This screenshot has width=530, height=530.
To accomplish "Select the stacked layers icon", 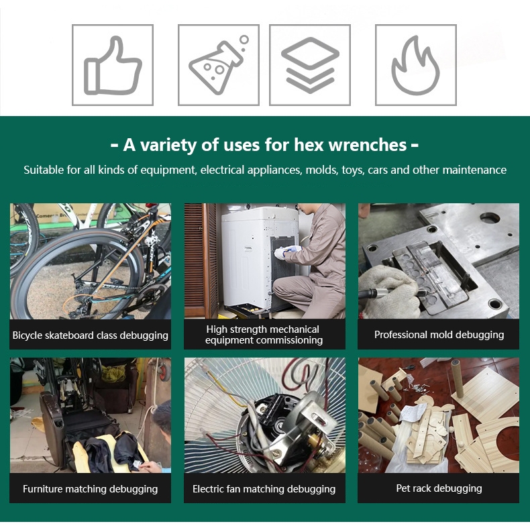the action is click(x=310, y=65).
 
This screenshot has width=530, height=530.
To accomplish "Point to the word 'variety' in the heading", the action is click(x=168, y=146).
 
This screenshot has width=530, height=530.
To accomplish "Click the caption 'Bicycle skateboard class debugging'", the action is click(x=91, y=335).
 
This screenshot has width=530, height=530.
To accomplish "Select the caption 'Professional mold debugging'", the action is click(x=439, y=335).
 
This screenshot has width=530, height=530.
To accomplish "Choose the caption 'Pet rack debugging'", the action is click(x=439, y=488).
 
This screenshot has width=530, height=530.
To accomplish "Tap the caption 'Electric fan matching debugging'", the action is click(x=264, y=489).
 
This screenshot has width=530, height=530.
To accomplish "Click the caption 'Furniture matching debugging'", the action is click(x=91, y=489).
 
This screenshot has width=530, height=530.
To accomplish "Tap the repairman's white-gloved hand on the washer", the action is click(x=282, y=252).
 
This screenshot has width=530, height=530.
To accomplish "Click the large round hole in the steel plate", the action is click(x=490, y=218).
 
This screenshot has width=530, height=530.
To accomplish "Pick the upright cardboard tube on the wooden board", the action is click(x=458, y=378).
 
